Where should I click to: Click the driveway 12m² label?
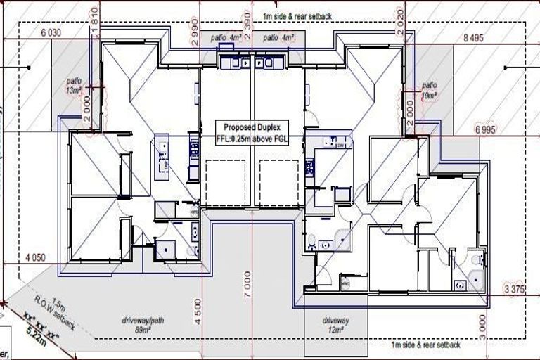[335, 325]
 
